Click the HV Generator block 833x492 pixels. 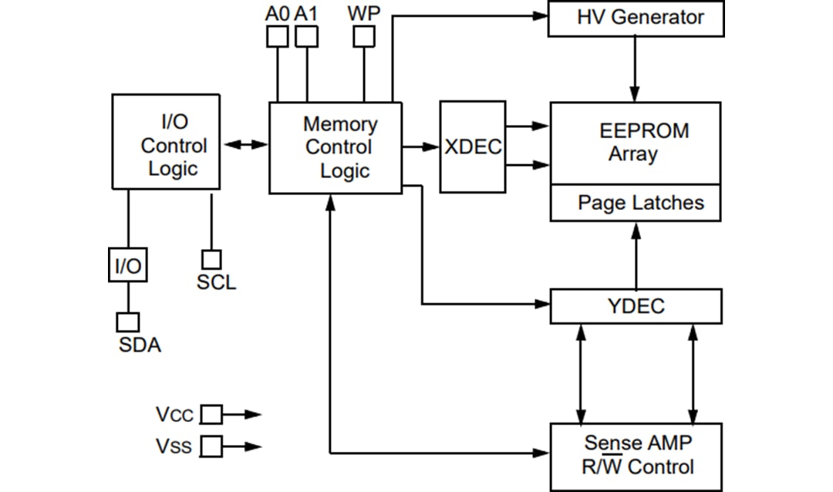[636, 19]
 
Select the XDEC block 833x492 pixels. [472, 147]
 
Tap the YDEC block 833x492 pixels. [636, 306]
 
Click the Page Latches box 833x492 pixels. [636, 204]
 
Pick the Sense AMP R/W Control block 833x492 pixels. [636, 457]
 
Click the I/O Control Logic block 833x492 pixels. [166, 142]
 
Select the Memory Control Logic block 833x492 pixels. [335, 147]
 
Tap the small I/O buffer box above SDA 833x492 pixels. [127, 267]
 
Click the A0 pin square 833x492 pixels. [277, 36]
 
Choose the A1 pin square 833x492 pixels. [306, 36]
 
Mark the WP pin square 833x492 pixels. [363, 36]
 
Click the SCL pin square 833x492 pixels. [211, 260]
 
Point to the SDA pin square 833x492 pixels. [127, 322]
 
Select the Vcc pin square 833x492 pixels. [211, 415]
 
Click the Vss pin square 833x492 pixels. [211, 446]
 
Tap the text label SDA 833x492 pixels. [140, 345]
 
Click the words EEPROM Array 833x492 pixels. [643, 142]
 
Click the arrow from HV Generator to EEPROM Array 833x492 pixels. [636, 69]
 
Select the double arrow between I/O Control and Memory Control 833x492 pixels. [245, 144]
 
